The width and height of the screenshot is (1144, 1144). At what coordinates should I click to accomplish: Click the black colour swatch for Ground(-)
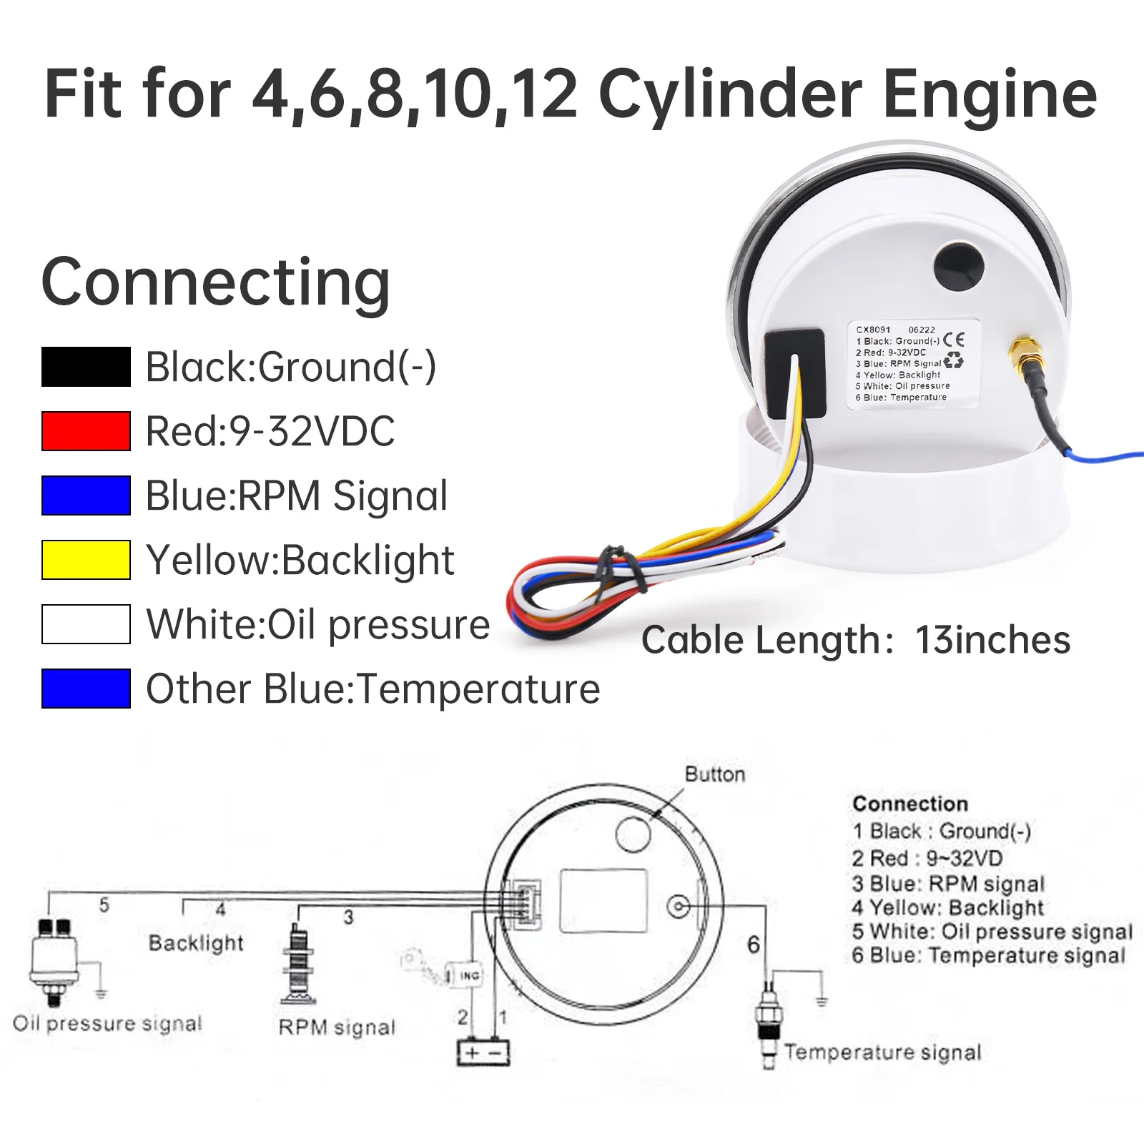click(86, 367)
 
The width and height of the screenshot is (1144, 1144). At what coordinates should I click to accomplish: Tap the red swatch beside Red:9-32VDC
click(86, 431)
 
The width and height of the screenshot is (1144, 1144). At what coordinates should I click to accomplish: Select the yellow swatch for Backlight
click(86, 560)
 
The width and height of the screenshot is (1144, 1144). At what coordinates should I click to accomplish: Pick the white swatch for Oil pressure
click(86, 624)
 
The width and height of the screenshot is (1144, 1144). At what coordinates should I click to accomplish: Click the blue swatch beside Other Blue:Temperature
click(86, 689)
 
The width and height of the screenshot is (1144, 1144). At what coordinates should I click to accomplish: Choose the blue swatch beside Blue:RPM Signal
click(86, 495)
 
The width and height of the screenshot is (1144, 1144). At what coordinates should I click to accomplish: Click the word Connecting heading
click(215, 282)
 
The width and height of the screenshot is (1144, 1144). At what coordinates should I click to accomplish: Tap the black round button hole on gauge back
click(959, 268)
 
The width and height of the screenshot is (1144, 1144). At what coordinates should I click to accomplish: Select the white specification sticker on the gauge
click(913, 364)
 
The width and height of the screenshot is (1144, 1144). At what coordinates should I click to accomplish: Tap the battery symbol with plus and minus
click(483, 1052)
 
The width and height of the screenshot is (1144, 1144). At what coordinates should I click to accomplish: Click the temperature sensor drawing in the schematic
click(769, 1022)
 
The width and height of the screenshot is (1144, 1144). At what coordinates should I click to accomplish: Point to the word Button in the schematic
click(714, 774)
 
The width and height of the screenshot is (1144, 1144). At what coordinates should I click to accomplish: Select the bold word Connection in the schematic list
click(909, 804)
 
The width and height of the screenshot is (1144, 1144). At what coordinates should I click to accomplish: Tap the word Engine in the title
click(990, 94)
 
